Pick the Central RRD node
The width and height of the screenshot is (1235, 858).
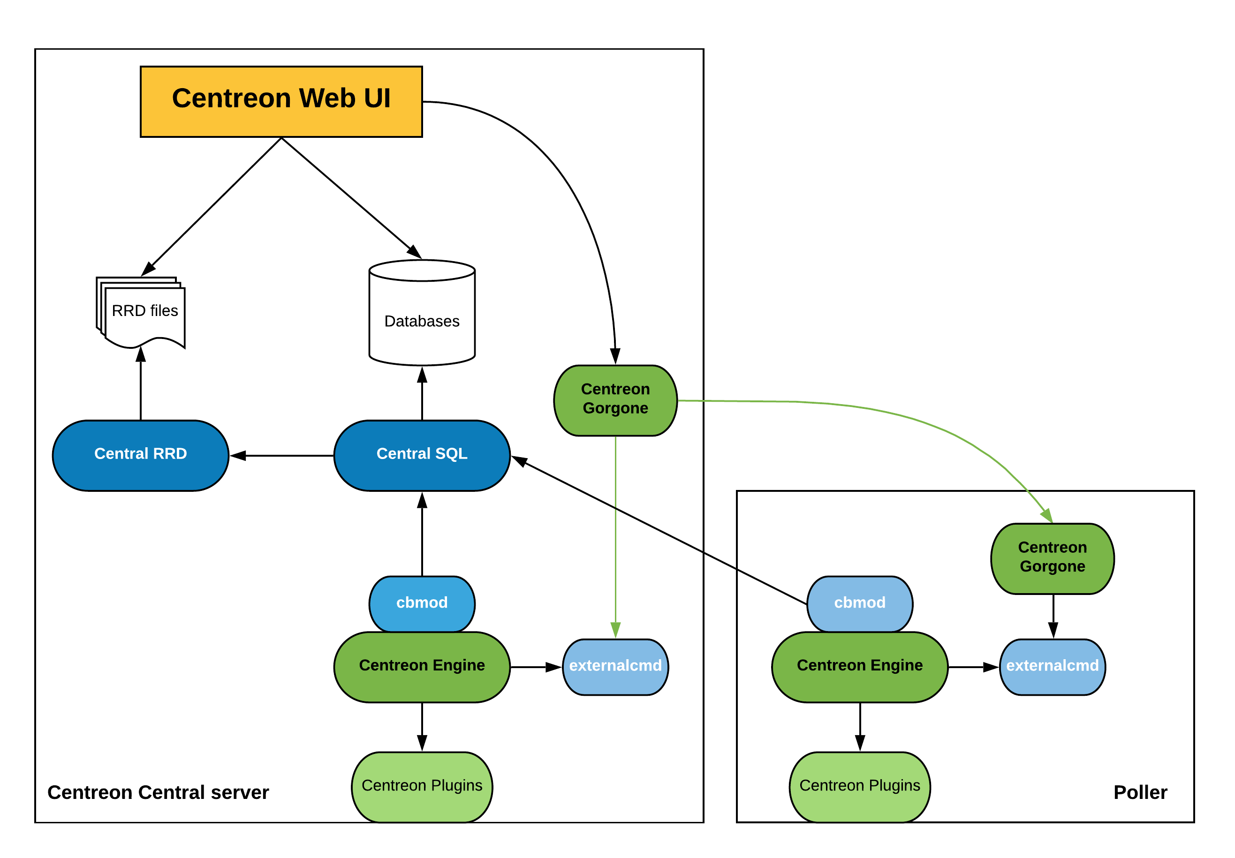tap(140, 455)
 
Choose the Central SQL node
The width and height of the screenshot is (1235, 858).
tap(422, 455)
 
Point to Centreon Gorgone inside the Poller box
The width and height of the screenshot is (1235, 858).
tap(1052, 558)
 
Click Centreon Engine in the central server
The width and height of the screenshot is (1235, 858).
tap(422, 666)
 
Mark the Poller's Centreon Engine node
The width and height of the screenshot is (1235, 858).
tap(859, 666)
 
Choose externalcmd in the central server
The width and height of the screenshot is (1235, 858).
tap(615, 666)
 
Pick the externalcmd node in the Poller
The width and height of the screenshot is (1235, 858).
tap(1052, 666)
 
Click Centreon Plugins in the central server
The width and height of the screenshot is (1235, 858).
tap(422, 786)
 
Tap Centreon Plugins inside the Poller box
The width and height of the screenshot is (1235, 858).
tap(859, 786)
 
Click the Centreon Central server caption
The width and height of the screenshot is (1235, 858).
tap(158, 792)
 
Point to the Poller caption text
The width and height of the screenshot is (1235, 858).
tap(1140, 792)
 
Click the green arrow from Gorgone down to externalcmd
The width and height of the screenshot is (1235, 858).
tap(615, 538)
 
